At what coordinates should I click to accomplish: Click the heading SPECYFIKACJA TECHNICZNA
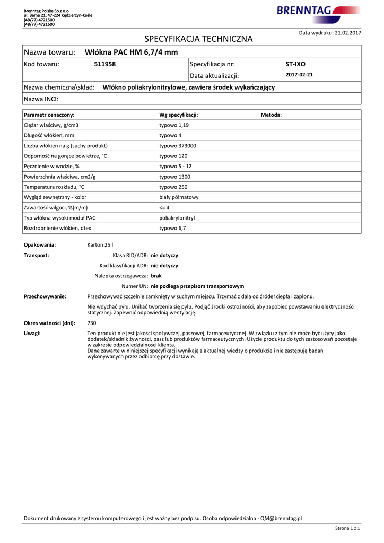point(198,39)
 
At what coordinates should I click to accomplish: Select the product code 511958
point(104,64)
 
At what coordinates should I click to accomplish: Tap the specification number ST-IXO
point(295,64)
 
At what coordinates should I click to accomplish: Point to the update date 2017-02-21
point(299,75)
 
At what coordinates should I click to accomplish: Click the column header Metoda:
point(271,115)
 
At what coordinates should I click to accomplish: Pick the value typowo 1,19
point(174,125)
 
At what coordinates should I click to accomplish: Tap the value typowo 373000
point(178,146)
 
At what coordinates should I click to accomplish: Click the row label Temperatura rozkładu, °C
point(54,187)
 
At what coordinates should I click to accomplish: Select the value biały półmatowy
point(179,197)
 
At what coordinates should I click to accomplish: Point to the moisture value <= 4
point(164,208)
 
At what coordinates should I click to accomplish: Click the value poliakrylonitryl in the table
point(177,218)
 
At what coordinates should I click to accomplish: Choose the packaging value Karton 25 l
point(100,245)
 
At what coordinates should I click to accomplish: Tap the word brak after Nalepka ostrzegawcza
point(156,276)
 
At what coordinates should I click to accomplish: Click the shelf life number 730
point(92,323)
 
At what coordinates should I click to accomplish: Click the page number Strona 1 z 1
point(347,528)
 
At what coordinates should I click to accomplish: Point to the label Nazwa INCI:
point(41,99)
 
